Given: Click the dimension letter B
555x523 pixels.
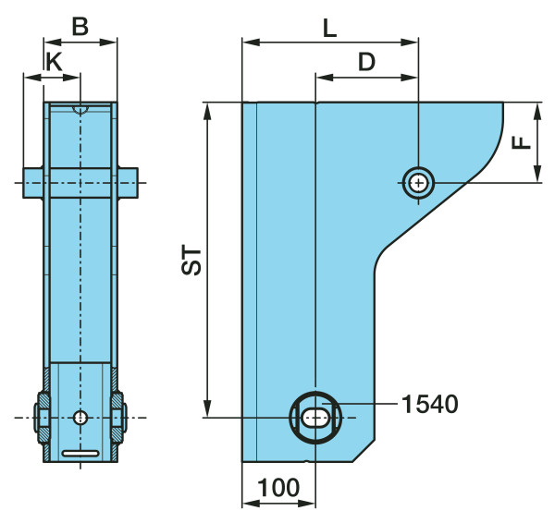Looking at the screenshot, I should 80,27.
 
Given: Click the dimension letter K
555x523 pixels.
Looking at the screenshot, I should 55,61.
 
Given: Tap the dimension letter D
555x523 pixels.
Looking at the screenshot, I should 367,62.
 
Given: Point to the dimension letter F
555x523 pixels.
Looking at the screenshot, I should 522,141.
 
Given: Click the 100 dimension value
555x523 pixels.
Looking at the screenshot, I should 277,487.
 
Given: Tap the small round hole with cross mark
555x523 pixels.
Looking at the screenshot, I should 419,183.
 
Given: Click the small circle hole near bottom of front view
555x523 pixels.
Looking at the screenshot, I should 80,418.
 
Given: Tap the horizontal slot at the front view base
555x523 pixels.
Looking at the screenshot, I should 80,453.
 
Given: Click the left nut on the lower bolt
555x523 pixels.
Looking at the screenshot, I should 43,418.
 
